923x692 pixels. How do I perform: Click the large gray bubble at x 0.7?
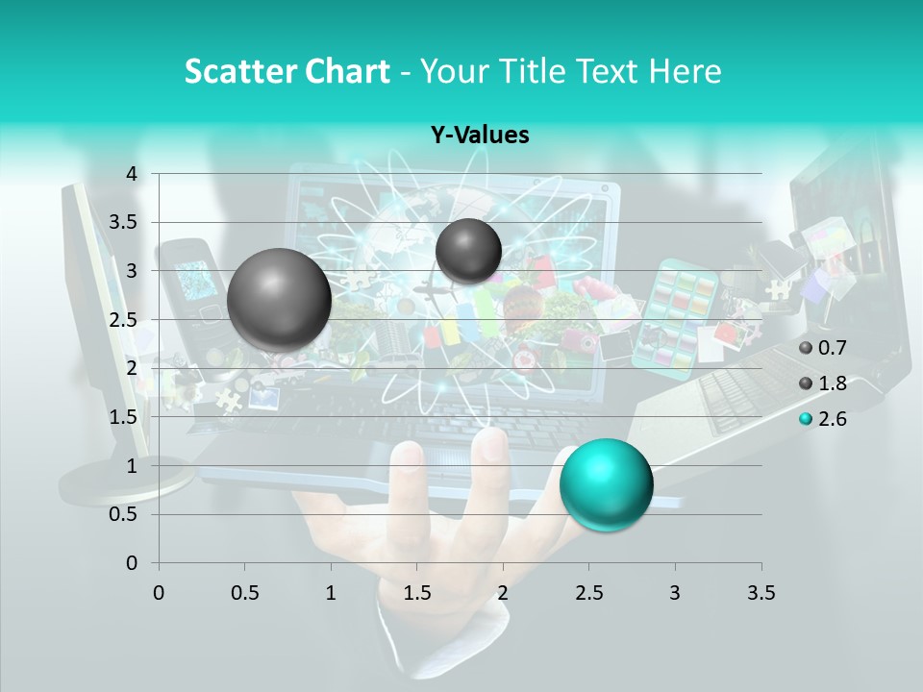(x=280, y=300)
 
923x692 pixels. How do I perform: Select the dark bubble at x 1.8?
(x=468, y=251)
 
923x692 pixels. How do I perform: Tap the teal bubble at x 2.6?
(x=606, y=483)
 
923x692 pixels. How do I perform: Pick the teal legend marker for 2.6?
(x=806, y=419)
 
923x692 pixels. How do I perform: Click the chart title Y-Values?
(x=480, y=136)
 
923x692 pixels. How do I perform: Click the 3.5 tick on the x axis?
(x=761, y=593)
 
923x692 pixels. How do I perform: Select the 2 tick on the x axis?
(x=503, y=593)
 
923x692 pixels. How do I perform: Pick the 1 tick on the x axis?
(x=331, y=593)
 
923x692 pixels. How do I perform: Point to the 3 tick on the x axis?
(x=675, y=593)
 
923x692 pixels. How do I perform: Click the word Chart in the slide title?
(x=348, y=71)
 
